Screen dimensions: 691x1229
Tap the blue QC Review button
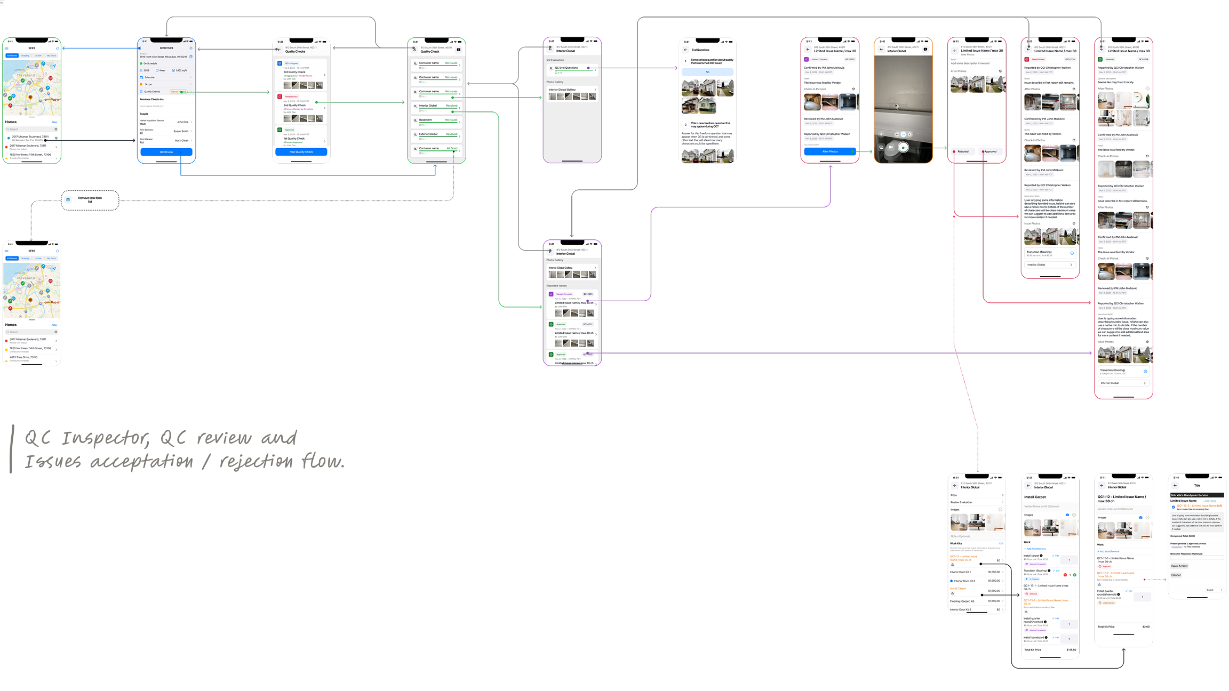(x=166, y=152)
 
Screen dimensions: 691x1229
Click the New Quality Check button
(x=301, y=152)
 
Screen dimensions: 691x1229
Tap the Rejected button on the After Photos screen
(x=963, y=151)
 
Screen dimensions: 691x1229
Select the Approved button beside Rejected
(x=991, y=151)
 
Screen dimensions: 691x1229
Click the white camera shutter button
(x=904, y=147)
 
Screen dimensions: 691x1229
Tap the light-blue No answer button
(x=707, y=72)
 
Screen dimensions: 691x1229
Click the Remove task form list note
(x=90, y=200)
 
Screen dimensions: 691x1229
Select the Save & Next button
(x=1179, y=566)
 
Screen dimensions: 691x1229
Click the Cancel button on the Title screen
(x=1176, y=575)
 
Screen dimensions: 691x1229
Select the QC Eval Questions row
(x=571, y=68)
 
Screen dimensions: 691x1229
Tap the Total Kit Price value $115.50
(x=1071, y=649)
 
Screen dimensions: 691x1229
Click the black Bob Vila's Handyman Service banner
(x=1196, y=495)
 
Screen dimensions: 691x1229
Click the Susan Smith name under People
(x=181, y=131)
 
